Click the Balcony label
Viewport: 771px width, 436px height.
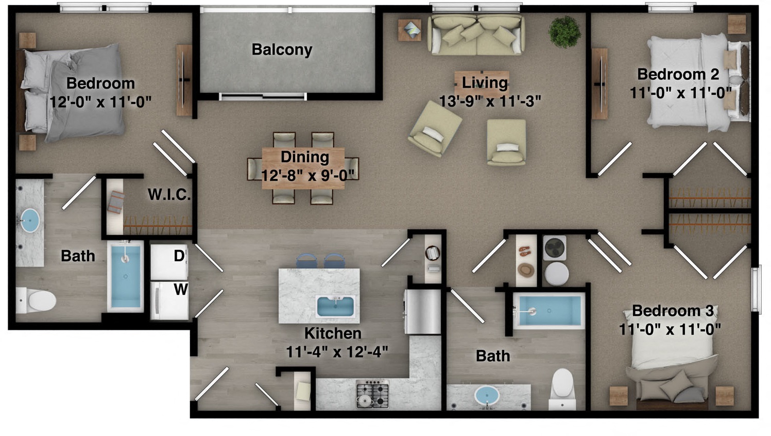click(282, 49)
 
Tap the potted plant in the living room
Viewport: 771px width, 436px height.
click(564, 31)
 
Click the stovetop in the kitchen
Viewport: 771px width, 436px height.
click(372, 394)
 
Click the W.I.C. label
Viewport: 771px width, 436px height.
click(169, 195)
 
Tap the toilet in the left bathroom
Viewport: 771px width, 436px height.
click(36, 300)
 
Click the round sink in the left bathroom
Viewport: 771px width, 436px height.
click(29, 220)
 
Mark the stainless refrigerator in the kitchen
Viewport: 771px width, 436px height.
click(423, 311)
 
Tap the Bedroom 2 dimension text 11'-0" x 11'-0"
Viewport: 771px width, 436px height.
click(681, 93)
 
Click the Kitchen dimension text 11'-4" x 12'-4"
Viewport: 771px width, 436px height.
click(337, 351)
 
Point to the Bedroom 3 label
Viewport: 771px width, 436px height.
click(673, 311)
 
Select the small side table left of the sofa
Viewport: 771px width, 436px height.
click(410, 30)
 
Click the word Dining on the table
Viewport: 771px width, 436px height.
click(305, 157)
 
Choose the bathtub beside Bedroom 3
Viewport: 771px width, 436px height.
click(549, 311)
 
